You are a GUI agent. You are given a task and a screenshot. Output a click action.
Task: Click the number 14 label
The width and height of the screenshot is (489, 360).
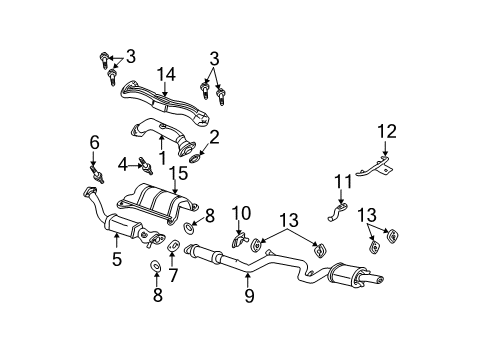pyautogui.click(x=165, y=73)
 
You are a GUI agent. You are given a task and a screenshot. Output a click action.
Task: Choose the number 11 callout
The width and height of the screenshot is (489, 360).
pyautogui.click(x=343, y=181)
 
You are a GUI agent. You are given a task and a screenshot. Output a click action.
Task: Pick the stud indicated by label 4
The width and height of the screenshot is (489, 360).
pyautogui.click(x=143, y=163)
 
